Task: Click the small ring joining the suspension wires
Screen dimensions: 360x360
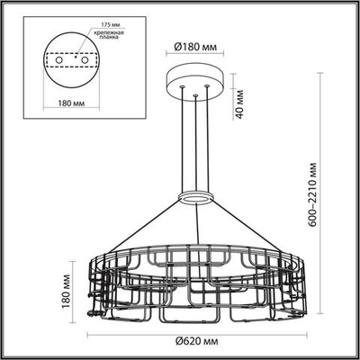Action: [195, 198]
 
